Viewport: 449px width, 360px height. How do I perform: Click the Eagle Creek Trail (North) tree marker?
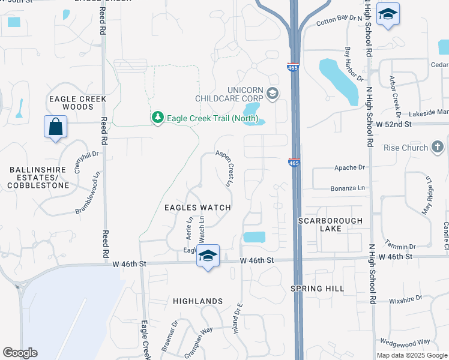(157, 117)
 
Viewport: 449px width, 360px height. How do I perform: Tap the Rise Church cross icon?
(438, 148)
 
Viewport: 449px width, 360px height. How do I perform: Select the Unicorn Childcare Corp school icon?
(273, 92)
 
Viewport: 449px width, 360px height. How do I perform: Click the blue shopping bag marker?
(55, 127)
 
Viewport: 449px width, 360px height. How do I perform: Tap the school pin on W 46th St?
(208, 256)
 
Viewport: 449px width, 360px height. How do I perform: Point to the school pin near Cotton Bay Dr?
(388, 14)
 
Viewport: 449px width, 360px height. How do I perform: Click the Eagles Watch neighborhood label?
(197, 208)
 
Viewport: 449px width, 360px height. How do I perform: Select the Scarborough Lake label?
(331, 224)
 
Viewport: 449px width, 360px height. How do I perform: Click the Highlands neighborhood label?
(197, 301)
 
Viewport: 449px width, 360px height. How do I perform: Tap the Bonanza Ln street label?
(348, 188)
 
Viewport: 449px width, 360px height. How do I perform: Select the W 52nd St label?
(393, 124)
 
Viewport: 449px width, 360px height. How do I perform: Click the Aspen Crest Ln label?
(225, 169)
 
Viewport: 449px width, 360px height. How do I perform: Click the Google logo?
(20, 353)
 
